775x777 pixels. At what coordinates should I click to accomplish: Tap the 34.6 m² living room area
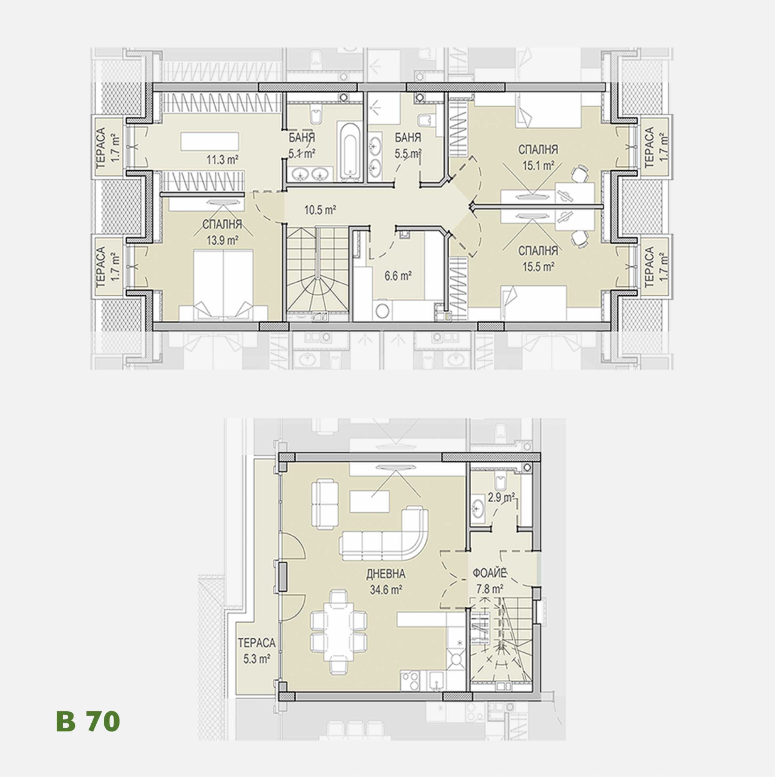coord(386,590)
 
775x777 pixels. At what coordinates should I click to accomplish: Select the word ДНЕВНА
coord(385,574)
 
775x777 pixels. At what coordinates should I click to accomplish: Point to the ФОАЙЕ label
coord(488,572)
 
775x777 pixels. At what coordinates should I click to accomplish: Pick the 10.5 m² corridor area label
coord(320,210)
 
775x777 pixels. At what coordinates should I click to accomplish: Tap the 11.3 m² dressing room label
coord(223,160)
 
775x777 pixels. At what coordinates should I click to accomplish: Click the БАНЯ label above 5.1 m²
coord(302,137)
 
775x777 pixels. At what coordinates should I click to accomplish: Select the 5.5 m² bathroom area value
coord(408,154)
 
